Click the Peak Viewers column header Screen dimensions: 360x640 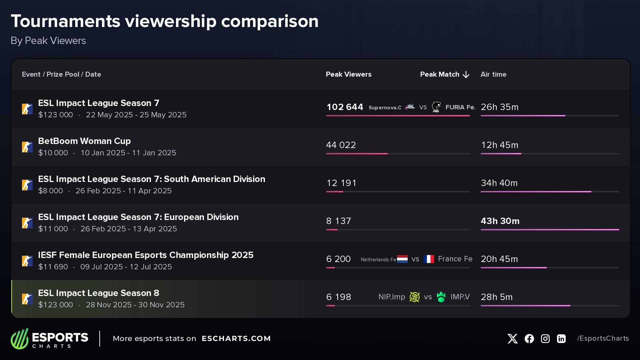coord(348,74)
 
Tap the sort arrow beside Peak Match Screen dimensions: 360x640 coord(466,75)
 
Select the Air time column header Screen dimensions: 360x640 coord(493,74)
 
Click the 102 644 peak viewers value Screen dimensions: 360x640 coord(345,107)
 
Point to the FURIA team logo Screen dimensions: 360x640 coord(436,107)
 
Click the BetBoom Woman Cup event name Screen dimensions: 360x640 coord(84,141)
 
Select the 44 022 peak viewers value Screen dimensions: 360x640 coord(341,145)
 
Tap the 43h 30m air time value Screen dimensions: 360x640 coord(500,221)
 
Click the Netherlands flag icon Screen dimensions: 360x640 coord(402,259)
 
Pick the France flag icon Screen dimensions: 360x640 coord(429,259)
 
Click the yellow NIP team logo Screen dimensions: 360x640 coord(414,297)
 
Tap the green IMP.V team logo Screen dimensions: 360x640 coord(441,297)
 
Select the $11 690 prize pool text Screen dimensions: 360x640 coord(53,267)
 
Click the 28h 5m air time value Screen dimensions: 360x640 coord(496,297)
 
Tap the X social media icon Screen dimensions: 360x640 coord(513,339)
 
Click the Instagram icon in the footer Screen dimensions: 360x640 coord(545,339)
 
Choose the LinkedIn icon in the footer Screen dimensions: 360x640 coord(561,339)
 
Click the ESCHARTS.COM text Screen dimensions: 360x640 coord(236,339)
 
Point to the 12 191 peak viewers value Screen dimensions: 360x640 coord(341,183)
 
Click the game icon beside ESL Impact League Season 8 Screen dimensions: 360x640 coord(27,299)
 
